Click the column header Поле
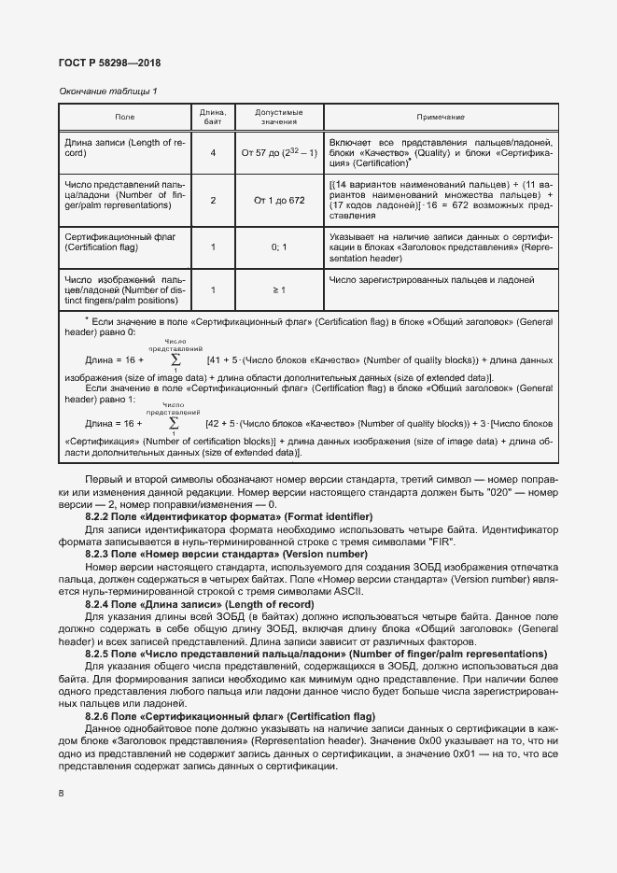point(124,117)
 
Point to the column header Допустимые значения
point(279,117)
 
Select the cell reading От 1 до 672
point(279,200)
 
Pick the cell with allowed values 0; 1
point(279,247)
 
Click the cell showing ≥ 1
point(279,290)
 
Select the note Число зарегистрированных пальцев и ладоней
point(431,279)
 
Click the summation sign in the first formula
point(175,359)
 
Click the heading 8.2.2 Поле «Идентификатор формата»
point(229,516)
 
